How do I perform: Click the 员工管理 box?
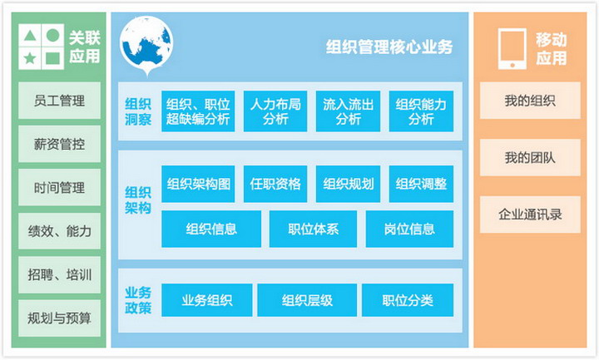(59, 101)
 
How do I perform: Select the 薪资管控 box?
(59, 144)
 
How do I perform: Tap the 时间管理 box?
(59, 187)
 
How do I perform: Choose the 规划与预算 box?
(59, 318)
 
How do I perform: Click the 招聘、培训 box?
(59, 274)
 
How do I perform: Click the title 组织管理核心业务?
(389, 47)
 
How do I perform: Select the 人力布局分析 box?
(275, 111)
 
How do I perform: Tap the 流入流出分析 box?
(348, 111)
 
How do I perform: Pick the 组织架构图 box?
(198, 184)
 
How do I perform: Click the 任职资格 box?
(275, 184)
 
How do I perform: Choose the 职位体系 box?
(314, 229)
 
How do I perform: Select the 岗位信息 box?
(409, 229)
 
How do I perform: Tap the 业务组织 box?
(206, 300)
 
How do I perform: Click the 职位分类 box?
(408, 300)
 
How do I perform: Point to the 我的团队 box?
(530, 157)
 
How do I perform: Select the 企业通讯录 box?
(530, 215)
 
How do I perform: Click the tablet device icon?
(512, 48)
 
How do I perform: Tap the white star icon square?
(29, 58)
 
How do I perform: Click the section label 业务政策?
(138, 300)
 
